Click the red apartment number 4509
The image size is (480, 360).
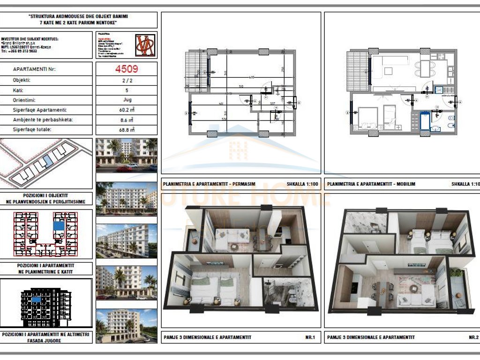(x=126, y=69)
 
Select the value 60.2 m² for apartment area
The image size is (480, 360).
(x=126, y=110)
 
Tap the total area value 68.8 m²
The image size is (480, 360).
(x=126, y=130)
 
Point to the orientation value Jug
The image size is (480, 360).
(x=126, y=100)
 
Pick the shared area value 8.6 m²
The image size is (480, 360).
(x=126, y=120)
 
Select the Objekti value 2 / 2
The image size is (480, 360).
(x=126, y=80)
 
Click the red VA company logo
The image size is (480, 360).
(x=145, y=45)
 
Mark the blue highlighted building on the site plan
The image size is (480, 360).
(x=47, y=162)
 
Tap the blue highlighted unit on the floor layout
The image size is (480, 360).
(x=60, y=225)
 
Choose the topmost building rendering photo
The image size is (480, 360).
(x=126, y=152)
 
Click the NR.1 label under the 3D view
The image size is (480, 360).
(x=310, y=337)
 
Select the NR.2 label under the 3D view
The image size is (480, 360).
(x=473, y=337)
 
